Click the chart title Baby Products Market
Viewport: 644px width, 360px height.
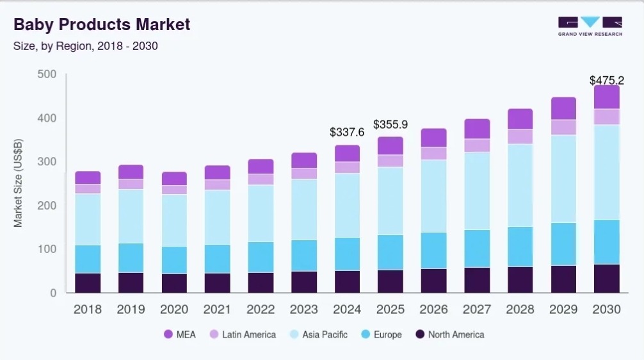102,24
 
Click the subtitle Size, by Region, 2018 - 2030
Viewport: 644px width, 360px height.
86,45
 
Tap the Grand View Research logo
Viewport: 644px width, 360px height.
590,26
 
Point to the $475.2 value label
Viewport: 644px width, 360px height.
606,81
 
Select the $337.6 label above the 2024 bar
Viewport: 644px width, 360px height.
347,132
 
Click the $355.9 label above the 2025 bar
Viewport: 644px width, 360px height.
390,124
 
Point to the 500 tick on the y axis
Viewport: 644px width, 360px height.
47,74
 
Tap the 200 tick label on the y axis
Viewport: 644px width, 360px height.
47,206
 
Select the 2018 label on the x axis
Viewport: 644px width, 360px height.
88,309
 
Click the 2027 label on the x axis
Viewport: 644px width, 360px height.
477,309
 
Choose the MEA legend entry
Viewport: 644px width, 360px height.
180,334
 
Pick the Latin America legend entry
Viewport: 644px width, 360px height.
242,334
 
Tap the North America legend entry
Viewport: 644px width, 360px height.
449,334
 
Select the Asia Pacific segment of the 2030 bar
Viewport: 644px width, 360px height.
606,172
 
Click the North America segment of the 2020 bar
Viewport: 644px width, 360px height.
174,283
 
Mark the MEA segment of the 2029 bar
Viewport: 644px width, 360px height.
563,108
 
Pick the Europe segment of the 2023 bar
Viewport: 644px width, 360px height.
304,256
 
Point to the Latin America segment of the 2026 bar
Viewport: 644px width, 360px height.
433,153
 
